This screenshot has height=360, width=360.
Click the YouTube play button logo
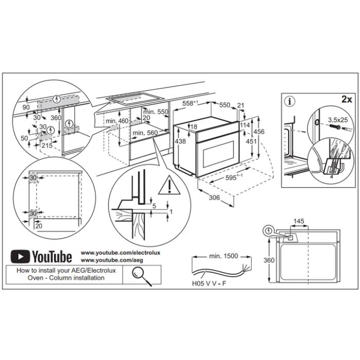click(20, 256)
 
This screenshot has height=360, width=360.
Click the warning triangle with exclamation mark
click(167, 186)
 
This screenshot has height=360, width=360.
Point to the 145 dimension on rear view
click(299, 222)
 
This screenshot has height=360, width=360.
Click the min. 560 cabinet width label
click(144, 133)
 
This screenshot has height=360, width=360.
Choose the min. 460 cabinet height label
click(116, 121)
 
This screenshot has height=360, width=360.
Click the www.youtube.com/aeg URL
click(106, 261)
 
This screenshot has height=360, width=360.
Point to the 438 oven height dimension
click(180, 141)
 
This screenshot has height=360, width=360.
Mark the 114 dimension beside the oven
click(244, 125)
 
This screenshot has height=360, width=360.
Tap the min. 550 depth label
click(156, 112)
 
